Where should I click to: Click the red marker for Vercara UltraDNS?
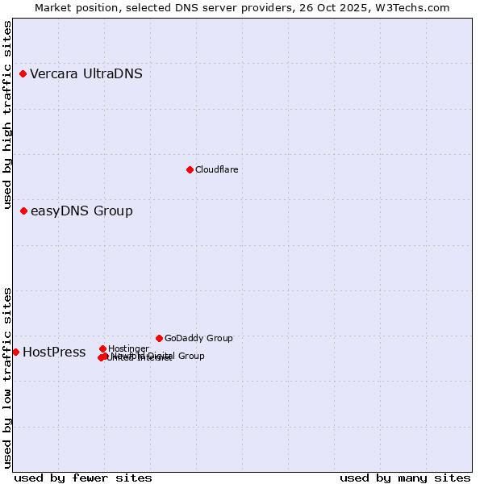(x=23, y=74)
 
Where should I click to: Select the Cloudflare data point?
(x=190, y=169)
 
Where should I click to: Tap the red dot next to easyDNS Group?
(x=23, y=211)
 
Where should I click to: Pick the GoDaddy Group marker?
(x=159, y=338)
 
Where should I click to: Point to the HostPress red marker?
(x=15, y=352)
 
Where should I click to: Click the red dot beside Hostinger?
(x=102, y=348)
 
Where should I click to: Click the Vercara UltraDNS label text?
(x=86, y=74)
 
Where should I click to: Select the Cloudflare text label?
(x=216, y=169)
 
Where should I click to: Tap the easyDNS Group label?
(x=81, y=211)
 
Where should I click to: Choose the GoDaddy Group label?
(x=198, y=338)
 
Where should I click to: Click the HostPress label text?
(x=54, y=353)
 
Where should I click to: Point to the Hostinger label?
(x=128, y=348)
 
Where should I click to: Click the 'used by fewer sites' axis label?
(x=83, y=478)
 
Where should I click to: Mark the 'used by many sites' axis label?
(x=405, y=478)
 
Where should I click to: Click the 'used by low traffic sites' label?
(x=7, y=377)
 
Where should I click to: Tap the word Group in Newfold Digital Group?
(x=191, y=356)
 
